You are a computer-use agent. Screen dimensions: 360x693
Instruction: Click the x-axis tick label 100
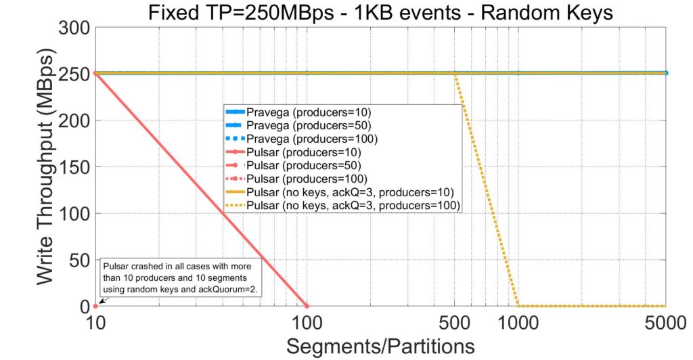pyautogui.click(x=307, y=323)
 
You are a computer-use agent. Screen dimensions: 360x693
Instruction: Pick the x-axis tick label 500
pyautogui.click(x=455, y=323)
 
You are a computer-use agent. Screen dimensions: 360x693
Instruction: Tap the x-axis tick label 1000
pyautogui.click(x=518, y=323)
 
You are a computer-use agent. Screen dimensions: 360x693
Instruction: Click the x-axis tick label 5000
pyautogui.click(x=665, y=323)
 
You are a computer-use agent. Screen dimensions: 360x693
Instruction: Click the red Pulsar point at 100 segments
pyautogui.click(x=307, y=306)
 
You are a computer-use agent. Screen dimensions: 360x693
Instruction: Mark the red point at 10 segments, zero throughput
pyautogui.click(x=95, y=306)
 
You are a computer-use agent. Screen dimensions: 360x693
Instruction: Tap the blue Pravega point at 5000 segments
pyautogui.click(x=666, y=73)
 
